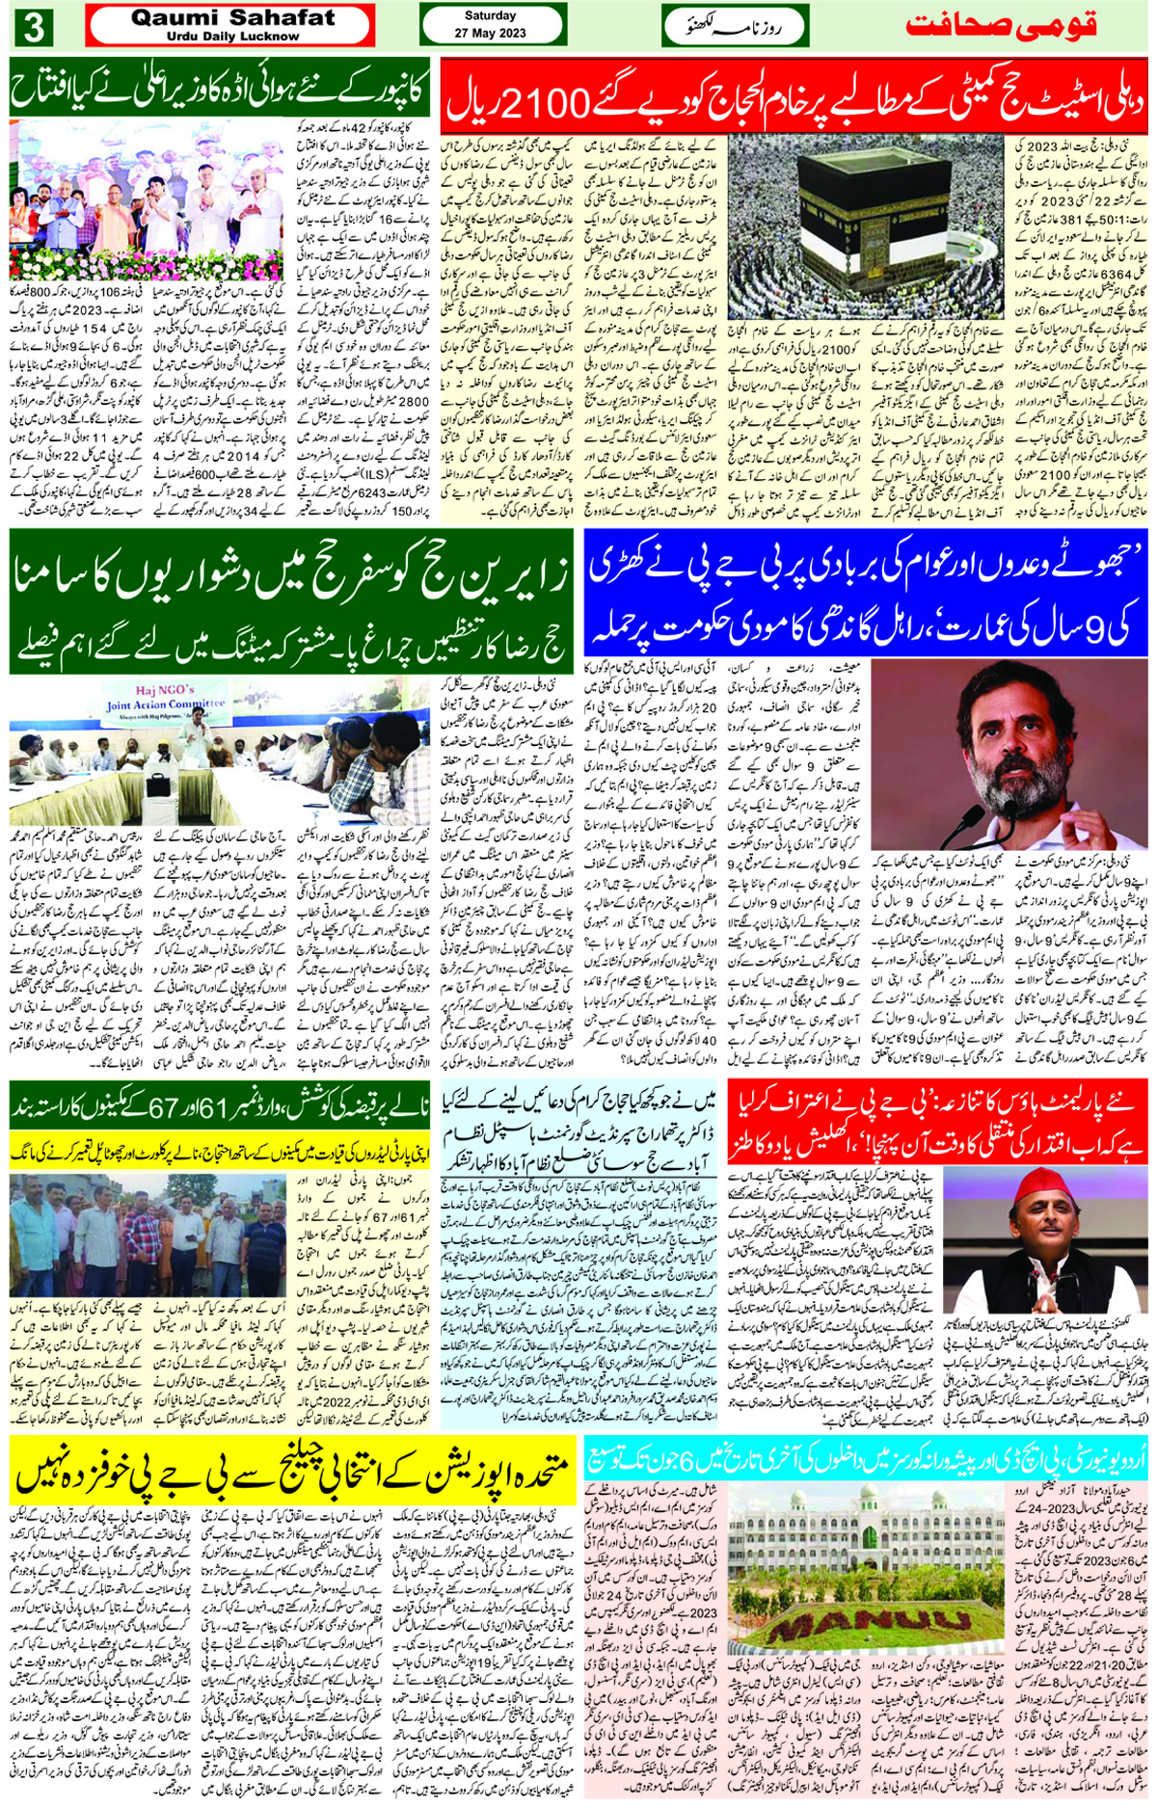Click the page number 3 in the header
(x=33, y=27)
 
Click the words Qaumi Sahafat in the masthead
(x=232, y=17)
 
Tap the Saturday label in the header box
(x=490, y=15)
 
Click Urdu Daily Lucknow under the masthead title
(x=232, y=37)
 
